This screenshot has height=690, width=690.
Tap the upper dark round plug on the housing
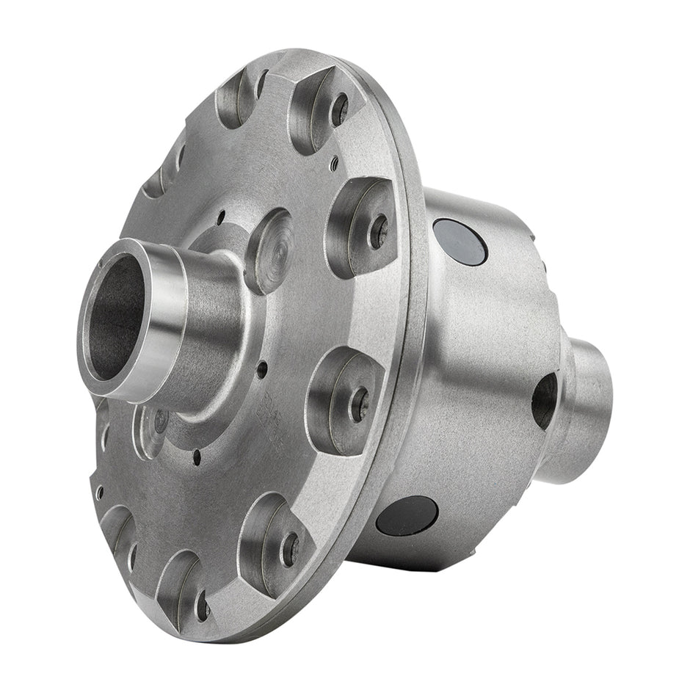(460, 241)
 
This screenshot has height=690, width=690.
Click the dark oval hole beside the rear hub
(545, 400)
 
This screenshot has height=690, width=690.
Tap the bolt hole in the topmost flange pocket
(339, 109)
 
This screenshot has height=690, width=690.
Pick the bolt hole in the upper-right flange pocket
(379, 231)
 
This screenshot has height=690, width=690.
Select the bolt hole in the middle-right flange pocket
(359, 404)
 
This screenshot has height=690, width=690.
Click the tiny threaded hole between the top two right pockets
(334, 164)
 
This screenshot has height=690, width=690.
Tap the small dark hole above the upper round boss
(221, 217)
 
